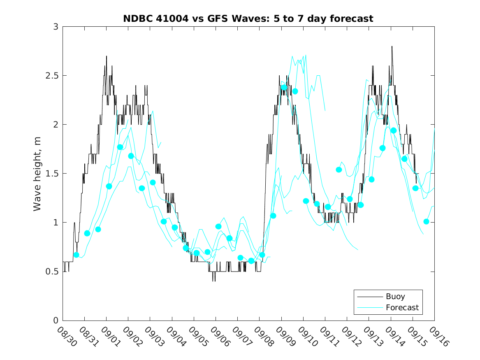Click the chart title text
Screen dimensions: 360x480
click(248, 19)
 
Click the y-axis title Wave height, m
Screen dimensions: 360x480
click(37, 173)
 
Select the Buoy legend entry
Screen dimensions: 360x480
click(395, 296)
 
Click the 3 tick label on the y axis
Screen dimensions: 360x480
click(55, 27)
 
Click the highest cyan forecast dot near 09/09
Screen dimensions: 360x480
click(284, 87)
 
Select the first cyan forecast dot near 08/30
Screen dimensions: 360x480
click(76, 255)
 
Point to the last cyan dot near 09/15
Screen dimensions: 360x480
click(426, 221)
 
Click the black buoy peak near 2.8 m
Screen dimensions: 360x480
click(392, 46)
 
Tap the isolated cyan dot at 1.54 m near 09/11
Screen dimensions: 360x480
click(339, 170)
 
